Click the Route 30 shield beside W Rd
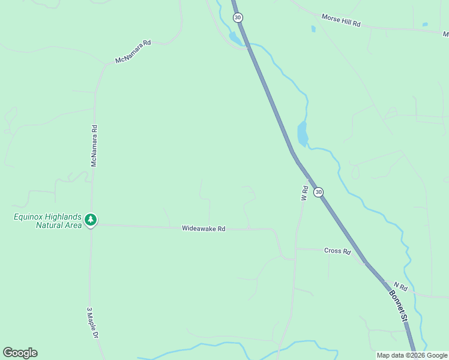click(x=318, y=192)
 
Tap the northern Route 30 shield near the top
click(x=238, y=18)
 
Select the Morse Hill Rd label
click(x=340, y=20)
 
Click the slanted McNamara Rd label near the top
click(x=133, y=52)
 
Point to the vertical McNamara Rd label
click(x=94, y=146)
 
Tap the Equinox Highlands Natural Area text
click(x=47, y=221)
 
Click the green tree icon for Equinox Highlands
click(x=91, y=220)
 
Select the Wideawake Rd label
click(x=203, y=229)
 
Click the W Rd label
click(x=304, y=193)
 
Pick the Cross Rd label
click(x=337, y=251)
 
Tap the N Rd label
click(x=400, y=287)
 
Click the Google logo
click(x=20, y=353)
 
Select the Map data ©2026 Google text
click(x=412, y=355)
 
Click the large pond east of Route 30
click(x=303, y=134)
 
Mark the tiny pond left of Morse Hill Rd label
click(x=313, y=28)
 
